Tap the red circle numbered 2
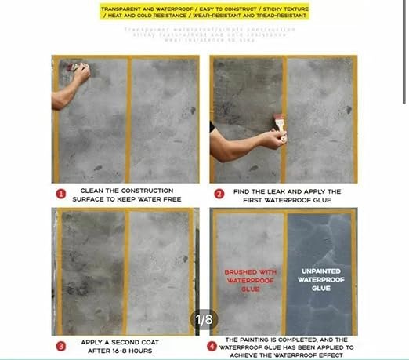point(219,193)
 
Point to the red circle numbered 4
point(211,345)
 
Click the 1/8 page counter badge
point(204,319)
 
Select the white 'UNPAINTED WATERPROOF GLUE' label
point(321,277)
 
